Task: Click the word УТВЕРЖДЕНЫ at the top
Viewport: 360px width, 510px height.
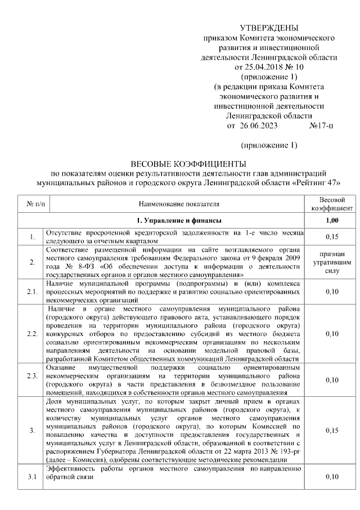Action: [269, 28]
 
